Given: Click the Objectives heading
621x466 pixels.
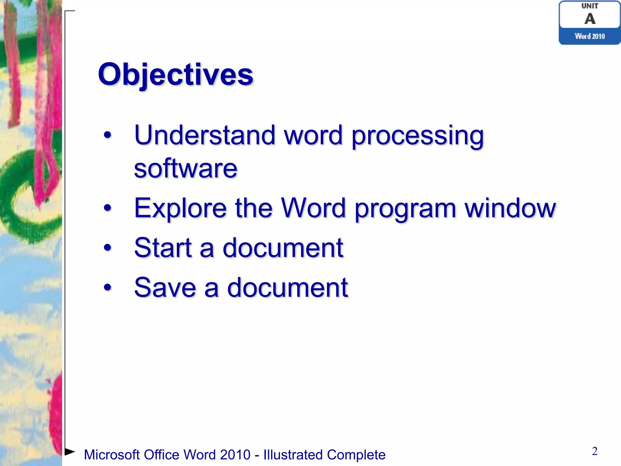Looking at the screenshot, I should [x=175, y=75].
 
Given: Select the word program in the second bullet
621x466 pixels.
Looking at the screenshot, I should [x=405, y=209].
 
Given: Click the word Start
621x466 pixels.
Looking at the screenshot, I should [x=163, y=248].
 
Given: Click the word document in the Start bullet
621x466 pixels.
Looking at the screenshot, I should [x=283, y=248].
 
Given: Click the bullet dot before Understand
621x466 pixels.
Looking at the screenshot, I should [x=107, y=135].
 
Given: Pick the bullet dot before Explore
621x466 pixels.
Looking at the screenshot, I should [x=107, y=208].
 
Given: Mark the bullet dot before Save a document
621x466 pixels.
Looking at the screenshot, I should [x=107, y=287].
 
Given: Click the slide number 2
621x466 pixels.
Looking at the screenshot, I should [x=595, y=451].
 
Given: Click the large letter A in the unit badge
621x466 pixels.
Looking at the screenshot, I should [x=590, y=19].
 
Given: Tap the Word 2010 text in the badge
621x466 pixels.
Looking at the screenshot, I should [x=590, y=36].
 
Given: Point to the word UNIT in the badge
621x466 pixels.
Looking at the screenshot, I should [x=590, y=6].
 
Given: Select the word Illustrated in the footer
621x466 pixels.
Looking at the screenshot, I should [x=293, y=455].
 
